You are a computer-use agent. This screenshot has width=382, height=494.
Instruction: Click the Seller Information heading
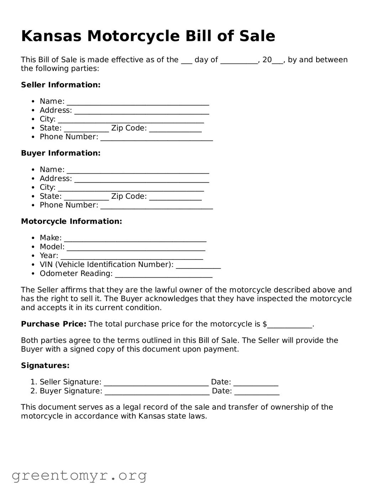61,85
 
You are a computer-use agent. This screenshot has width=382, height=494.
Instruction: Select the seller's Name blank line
138,103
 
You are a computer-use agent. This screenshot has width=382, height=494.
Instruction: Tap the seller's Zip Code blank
175,129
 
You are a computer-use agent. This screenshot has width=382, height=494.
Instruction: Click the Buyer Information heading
61,153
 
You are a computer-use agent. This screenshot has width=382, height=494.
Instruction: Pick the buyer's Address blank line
141,179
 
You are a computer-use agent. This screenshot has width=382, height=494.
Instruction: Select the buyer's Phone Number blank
157,206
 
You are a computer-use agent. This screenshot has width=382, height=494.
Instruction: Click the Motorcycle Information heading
71,221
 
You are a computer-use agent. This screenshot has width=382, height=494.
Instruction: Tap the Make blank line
135,239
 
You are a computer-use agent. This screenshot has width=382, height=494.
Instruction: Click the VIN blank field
198,266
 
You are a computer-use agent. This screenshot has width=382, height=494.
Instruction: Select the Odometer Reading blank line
164,274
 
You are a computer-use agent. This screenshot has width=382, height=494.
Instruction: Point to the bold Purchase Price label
53,324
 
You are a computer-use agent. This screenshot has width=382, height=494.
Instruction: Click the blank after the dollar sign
289,325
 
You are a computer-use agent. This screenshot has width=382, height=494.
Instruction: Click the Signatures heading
45,366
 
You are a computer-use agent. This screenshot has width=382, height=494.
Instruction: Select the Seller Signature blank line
156,383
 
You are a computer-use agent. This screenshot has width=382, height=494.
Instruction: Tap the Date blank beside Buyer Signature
257,392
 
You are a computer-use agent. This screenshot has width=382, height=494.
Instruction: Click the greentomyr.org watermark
79,475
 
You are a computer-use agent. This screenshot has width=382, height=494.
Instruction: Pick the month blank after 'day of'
239,61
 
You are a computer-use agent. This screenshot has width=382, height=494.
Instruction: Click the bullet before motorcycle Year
33,256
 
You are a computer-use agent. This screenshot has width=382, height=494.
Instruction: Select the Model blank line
136,248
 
